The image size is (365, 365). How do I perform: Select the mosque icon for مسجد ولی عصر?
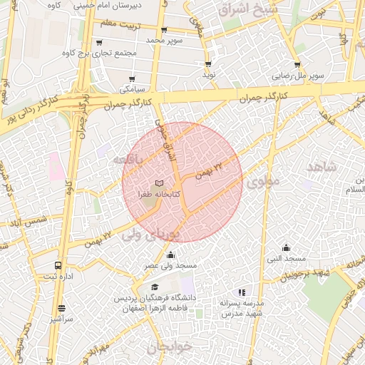pos(170,255)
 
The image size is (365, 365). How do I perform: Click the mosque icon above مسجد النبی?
pos(286,247)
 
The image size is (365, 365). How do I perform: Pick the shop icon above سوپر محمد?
pos(165,30)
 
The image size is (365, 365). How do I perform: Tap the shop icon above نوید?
pos(208,64)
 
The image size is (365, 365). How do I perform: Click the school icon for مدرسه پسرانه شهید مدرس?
pos(242,292)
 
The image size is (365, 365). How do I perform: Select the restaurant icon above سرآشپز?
pos(62,309)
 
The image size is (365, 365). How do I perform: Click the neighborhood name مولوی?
pos(263,182)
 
